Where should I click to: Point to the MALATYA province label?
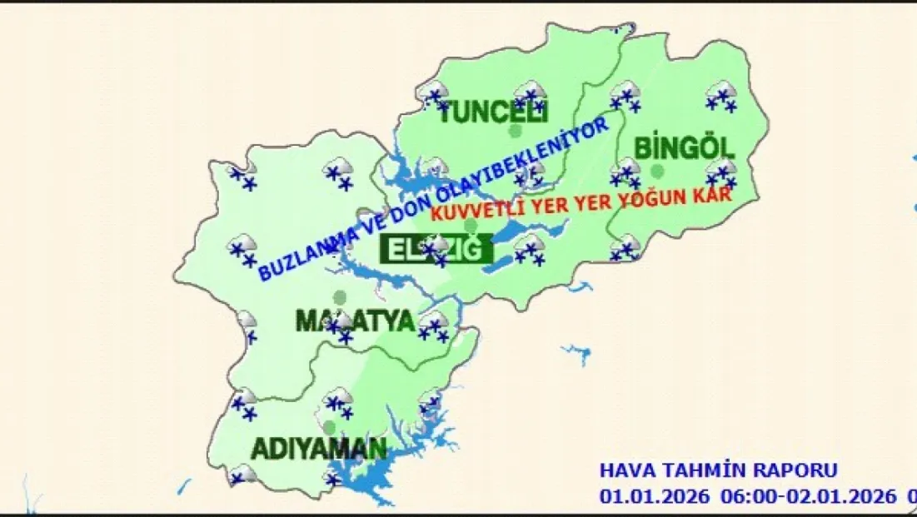(355, 321)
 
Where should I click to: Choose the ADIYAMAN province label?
(319, 450)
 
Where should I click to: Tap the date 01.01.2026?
(655, 496)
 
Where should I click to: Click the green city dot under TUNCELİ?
(515, 131)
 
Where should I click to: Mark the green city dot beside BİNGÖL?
(658, 171)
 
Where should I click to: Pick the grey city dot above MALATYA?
(339, 296)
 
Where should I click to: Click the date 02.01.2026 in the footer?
(840, 496)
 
